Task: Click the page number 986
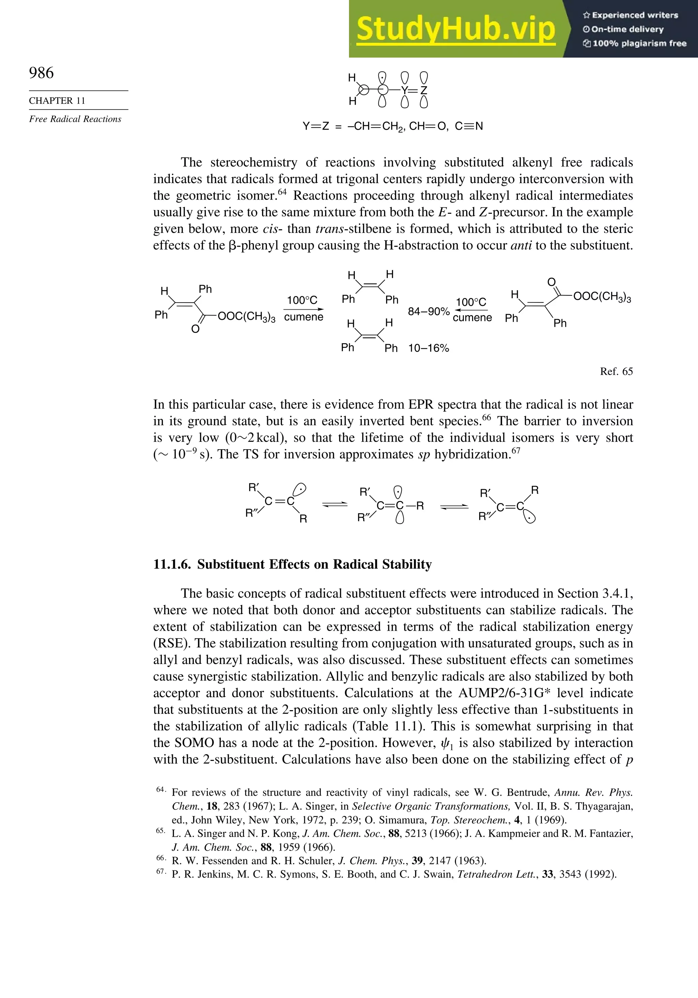41,73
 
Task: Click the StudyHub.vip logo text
455,29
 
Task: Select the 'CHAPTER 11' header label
57,101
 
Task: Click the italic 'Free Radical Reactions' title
75,119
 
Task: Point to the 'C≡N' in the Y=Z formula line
469,127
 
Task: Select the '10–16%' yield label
428,348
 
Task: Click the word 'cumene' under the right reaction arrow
472,318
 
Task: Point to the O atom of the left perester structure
195,329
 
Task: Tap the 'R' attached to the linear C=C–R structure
420,506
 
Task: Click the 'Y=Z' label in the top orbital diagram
414,90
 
